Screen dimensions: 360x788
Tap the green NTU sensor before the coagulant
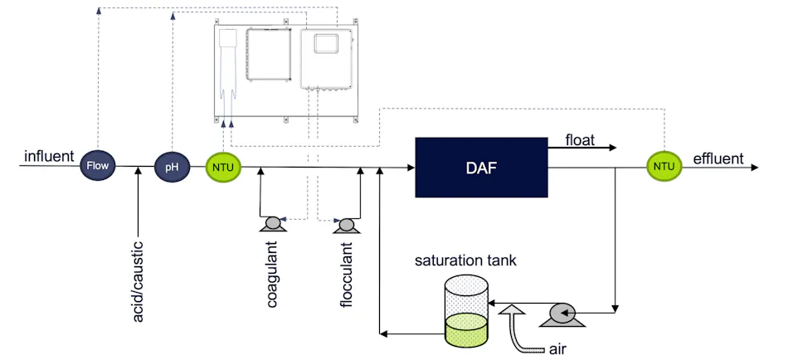222,168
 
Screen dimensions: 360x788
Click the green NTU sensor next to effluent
664,167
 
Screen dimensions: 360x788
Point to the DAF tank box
480,168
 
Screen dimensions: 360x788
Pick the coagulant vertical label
272,275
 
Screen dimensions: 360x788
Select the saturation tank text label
466,260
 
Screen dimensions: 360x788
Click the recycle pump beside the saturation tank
565,313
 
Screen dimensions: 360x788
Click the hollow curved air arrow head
513,313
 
